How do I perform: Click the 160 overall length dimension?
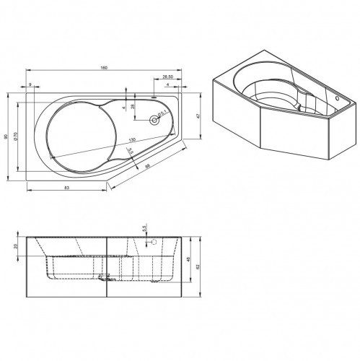[x=104, y=68]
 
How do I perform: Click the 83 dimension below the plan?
[x=66, y=188]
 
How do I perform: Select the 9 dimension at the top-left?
[x=30, y=84]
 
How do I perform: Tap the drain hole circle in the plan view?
[x=153, y=121]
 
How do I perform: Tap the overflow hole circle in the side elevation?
[x=149, y=244]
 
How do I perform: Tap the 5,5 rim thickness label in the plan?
[x=130, y=151]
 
